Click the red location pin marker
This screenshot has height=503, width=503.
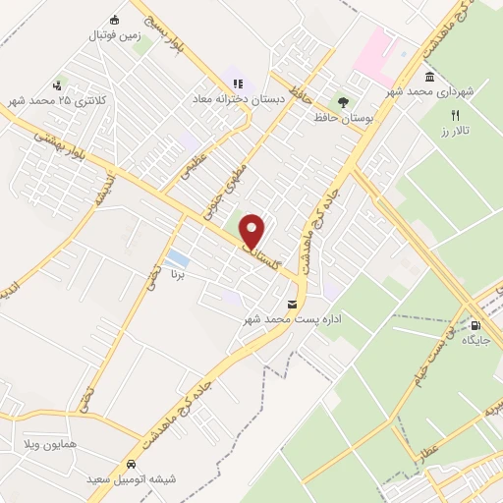point(253,232)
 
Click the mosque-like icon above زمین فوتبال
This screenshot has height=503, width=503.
point(114,21)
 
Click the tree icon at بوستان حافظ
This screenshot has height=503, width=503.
point(343,100)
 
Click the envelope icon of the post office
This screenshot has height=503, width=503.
point(293,303)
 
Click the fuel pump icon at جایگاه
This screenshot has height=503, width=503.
point(476,324)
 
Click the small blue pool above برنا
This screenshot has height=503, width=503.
point(178,258)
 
